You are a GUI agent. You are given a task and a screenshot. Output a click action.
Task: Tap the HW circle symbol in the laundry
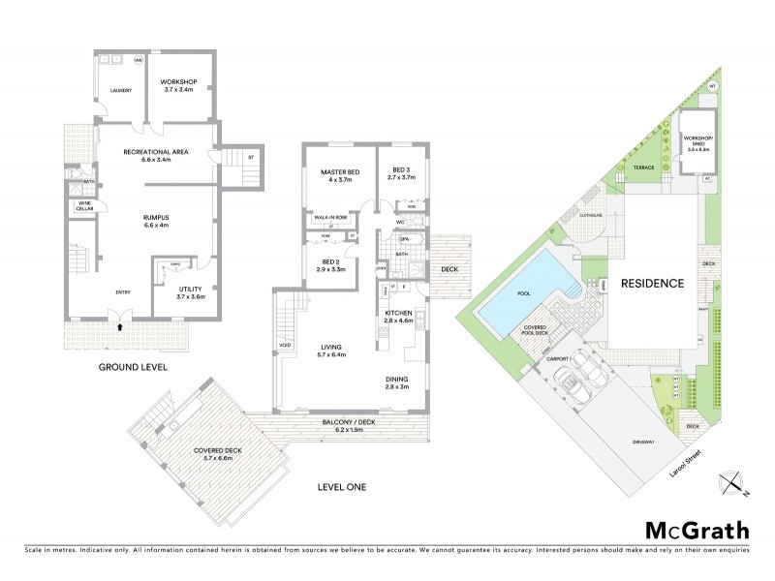coord(139,61)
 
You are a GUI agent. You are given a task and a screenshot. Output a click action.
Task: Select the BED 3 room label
coord(400,175)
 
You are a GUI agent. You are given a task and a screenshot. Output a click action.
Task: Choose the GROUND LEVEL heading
coord(134,368)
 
